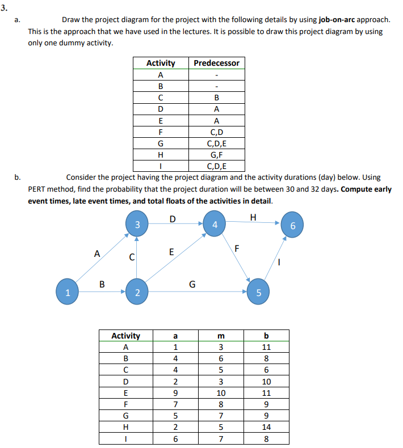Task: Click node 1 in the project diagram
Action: click(x=68, y=293)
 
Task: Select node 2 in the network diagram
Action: click(x=137, y=293)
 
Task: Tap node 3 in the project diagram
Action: click(x=137, y=225)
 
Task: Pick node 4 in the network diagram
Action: click(x=214, y=225)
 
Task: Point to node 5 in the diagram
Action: click(x=258, y=293)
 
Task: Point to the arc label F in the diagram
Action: click(x=238, y=248)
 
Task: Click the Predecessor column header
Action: click(x=216, y=63)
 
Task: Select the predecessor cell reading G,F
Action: click(x=216, y=154)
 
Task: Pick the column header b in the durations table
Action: click(x=266, y=336)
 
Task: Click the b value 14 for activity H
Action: click(x=266, y=428)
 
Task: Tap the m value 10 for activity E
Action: click(x=221, y=393)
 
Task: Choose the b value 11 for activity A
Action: click(x=266, y=347)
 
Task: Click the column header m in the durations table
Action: click(x=221, y=336)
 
